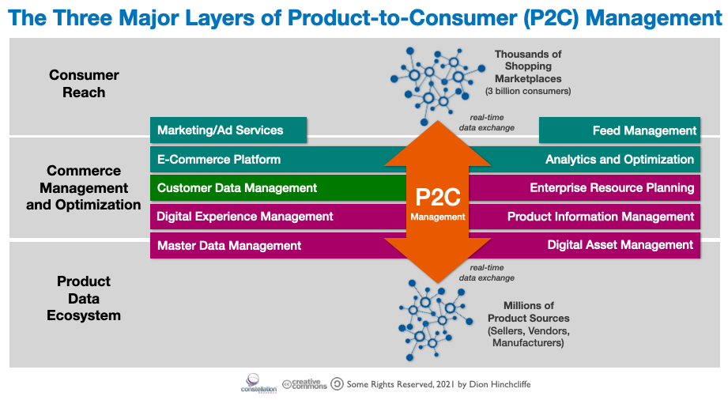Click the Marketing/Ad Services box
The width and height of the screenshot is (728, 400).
click(x=228, y=130)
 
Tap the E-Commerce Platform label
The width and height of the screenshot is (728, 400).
click(x=219, y=159)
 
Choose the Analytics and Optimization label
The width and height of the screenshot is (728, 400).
click(x=620, y=159)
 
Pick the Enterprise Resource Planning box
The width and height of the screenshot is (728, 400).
click(x=612, y=188)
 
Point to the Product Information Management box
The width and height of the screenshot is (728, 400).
click(x=601, y=217)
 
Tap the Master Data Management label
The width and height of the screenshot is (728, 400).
click(x=229, y=245)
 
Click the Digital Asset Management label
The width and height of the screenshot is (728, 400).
click(x=620, y=245)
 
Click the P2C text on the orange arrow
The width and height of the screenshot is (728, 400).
click(x=437, y=196)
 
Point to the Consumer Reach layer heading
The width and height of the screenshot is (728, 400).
click(x=84, y=84)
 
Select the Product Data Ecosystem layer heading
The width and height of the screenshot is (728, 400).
click(x=83, y=298)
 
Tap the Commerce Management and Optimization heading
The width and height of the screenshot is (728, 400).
click(x=83, y=188)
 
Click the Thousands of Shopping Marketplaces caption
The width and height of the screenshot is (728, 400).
click(x=528, y=66)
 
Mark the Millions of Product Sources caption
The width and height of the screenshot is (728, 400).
click(x=528, y=318)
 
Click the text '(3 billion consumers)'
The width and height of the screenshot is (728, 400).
click(x=528, y=92)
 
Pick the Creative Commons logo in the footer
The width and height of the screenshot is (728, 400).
click(x=304, y=383)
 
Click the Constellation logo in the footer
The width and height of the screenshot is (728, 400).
click(x=260, y=383)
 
